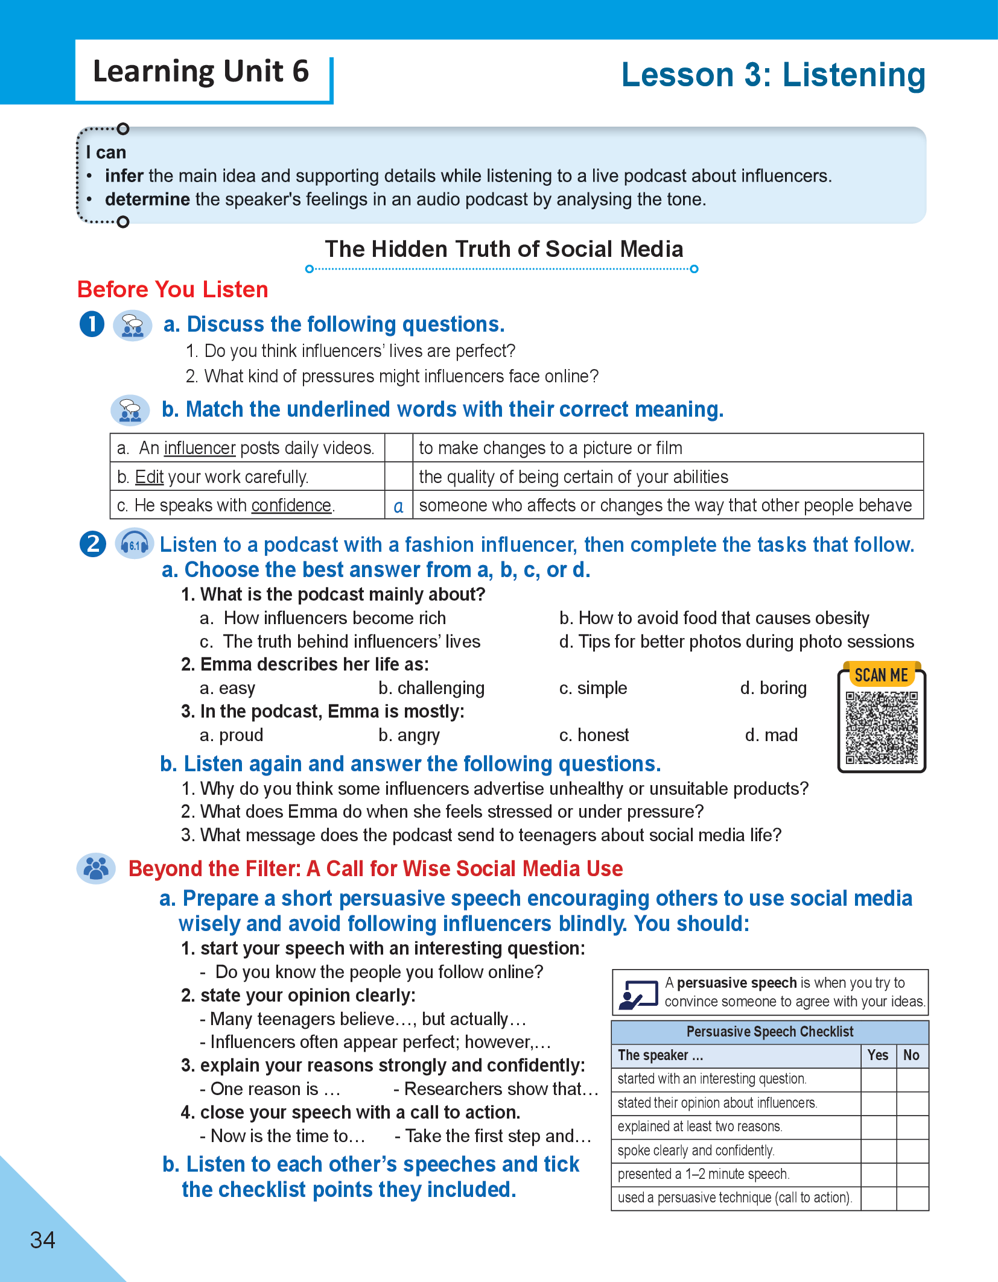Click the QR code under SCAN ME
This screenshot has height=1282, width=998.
click(882, 728)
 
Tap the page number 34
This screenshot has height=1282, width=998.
click(43, 1240)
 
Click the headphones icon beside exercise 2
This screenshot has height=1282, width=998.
click(134, 545)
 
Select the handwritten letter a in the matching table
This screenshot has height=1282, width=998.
click(398, 506)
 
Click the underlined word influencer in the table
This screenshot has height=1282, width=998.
click(200, 448)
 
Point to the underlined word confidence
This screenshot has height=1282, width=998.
click(291, 505)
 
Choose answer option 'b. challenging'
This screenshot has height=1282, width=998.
click(431, 688)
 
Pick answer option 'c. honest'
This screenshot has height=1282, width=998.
click(594, 735)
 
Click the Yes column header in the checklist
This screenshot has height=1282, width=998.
click(878, 1055)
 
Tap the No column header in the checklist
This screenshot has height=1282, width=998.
click(911, 1055)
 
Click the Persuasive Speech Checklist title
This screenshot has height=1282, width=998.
click(770, 1032)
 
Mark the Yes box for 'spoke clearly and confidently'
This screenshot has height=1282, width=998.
click(879, 1151)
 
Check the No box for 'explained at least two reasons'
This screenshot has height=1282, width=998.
click(912, 1126)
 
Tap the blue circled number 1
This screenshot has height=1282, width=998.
click(92, 324)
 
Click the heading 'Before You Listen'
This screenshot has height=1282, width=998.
click(173, 289)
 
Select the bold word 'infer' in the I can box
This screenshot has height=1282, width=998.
click(124, 176)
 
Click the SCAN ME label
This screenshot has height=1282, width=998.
click(881, 675)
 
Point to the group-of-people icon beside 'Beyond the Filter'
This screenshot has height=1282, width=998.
click(96, 869)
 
